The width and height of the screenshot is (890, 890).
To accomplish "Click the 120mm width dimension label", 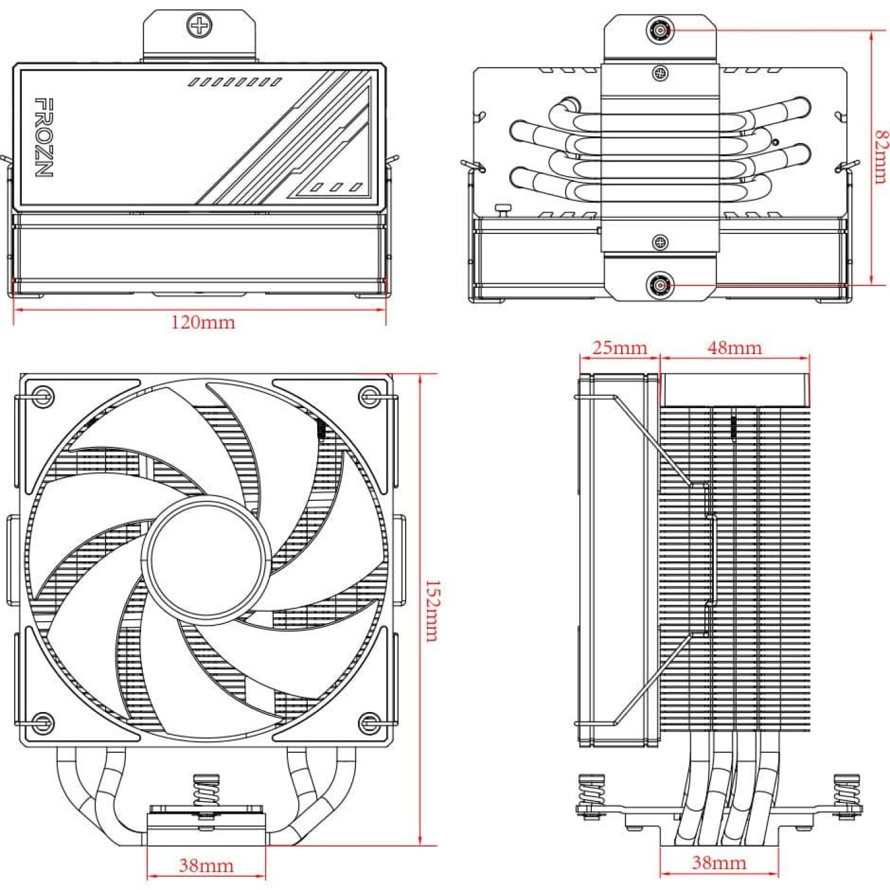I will click(203, 322).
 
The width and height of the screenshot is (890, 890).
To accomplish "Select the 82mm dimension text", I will click(880, 157).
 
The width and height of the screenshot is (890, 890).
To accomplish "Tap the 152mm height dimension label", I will click(432, 610).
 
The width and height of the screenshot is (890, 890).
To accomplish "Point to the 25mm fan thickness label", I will click(619, 348).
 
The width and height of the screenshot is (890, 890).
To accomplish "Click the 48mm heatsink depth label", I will click(734, 348).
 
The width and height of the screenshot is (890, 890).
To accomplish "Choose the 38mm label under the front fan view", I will click(205, 865).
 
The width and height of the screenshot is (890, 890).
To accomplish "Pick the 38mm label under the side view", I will click(718, 863).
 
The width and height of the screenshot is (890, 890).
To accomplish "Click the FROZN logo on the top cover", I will click(43, 137).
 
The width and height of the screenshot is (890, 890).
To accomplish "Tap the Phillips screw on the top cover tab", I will click(199, 26).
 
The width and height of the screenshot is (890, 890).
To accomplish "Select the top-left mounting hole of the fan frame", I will click(43, 396).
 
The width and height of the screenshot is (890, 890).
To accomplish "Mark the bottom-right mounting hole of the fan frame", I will click(369, 722).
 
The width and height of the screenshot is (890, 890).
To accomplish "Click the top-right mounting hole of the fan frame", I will click(369, 396).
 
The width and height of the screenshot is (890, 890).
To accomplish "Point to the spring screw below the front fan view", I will click(206, 795).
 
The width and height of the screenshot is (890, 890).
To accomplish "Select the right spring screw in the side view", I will click(847, 795).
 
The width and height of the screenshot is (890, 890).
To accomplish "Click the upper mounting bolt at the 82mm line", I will click(661, 30).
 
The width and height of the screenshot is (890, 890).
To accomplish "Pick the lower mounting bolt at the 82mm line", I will click(661, 285).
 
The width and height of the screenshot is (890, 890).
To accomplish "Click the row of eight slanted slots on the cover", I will click(235, 82).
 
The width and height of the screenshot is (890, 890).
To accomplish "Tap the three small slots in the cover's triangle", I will click(336, 188).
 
